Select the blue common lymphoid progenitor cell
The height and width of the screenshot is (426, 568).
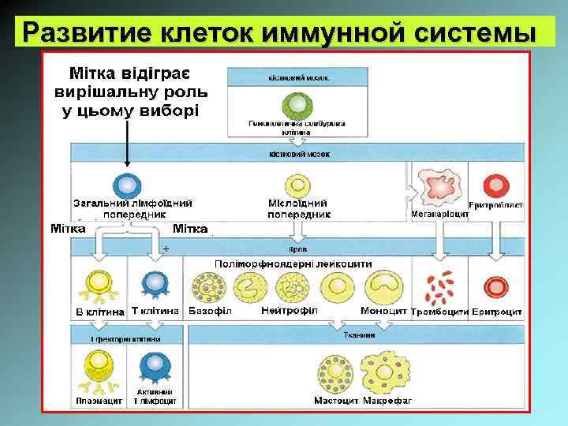click(x=126, y=184)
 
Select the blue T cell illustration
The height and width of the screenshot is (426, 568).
click(x=153, y=283)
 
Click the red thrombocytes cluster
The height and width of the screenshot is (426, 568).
click(x=440, y=288)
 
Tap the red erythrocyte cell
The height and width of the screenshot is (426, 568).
click(x=496, y=286)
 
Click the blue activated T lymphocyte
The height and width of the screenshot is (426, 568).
click(x=156, y=365)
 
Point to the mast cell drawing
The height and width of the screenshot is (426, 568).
click(x=335, y=370)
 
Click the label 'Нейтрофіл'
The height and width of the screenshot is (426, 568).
click(x=289, y=310)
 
